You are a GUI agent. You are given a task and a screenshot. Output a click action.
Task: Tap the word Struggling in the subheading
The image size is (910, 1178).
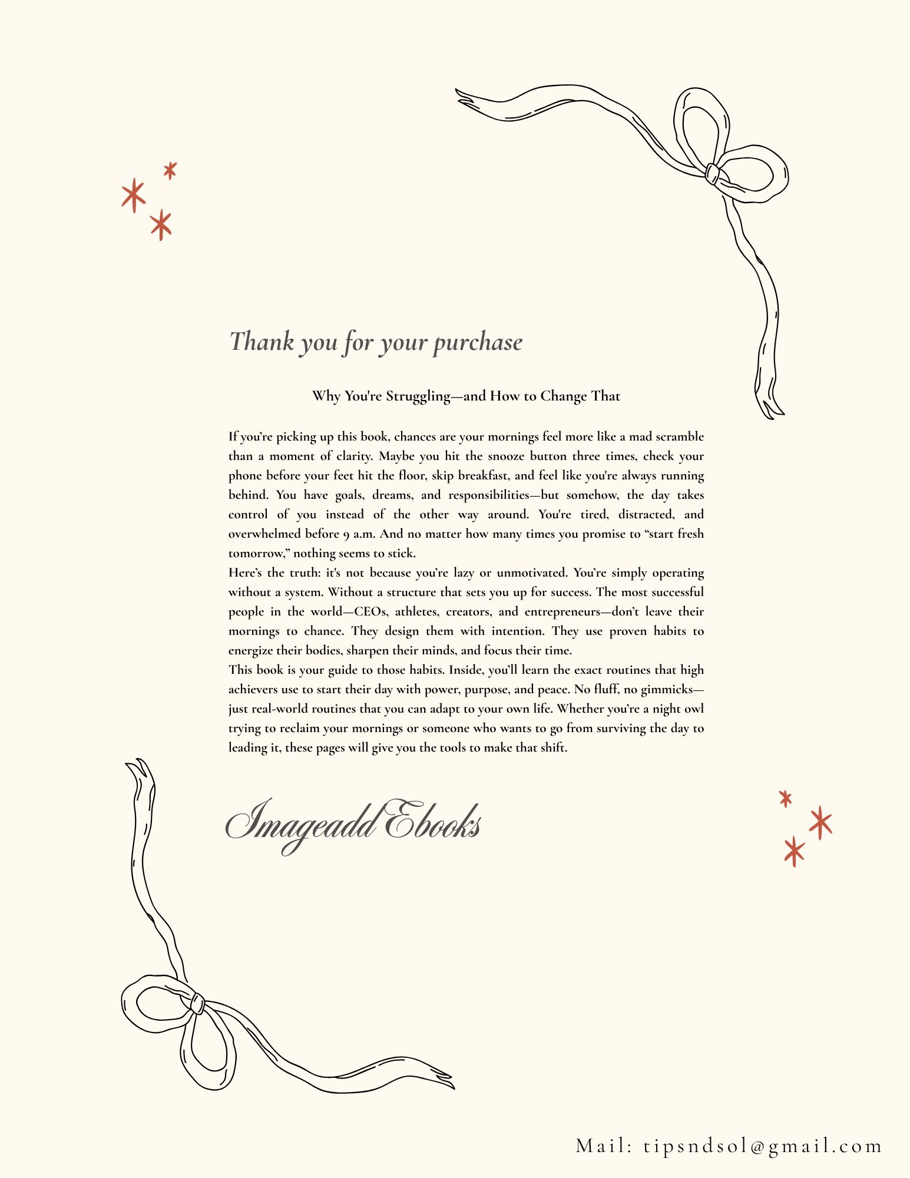click(418, 396)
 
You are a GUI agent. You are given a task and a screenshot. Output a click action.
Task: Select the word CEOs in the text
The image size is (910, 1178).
click(370, 612)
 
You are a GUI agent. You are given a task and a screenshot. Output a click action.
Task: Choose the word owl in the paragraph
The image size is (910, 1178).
click(694, 709)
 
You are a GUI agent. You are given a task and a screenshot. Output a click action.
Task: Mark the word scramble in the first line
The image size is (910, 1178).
click(680, 437)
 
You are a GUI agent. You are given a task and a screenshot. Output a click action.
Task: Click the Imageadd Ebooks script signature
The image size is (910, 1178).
click(353, 823)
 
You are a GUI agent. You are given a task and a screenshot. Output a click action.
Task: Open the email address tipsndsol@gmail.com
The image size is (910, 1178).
click(763, 1146)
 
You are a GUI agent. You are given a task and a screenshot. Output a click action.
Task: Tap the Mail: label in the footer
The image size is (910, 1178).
click(604, 1146)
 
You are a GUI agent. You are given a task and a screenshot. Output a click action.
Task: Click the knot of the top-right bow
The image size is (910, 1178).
click(712, 174)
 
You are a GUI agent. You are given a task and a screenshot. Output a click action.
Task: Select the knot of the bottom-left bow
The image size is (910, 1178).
click(197, 1004)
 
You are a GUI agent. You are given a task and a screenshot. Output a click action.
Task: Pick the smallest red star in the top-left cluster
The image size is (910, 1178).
click(170, 170)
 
